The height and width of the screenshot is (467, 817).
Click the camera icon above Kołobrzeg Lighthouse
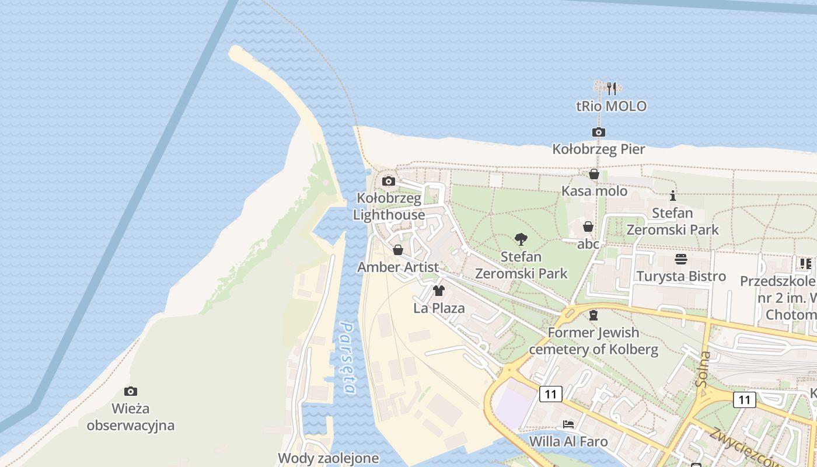(389, 181)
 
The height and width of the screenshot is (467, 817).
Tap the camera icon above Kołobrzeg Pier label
(598, 132)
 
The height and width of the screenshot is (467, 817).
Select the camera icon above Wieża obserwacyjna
(131, 391)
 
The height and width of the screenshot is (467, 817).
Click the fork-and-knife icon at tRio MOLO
(611, 89)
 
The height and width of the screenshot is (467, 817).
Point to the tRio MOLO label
(611, 106)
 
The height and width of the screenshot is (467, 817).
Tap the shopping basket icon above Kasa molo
(594, 174)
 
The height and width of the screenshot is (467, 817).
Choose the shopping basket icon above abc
(588, 226)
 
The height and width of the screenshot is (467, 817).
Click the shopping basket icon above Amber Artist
(398, 250)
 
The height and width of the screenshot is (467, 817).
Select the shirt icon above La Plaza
(439, 291)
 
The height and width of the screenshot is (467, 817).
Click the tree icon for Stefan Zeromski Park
(521, 239)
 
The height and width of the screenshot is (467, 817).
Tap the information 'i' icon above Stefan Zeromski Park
(673, 196)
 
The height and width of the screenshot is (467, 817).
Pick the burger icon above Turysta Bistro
(681, 259)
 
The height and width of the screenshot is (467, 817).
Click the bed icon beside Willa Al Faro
(568, 424)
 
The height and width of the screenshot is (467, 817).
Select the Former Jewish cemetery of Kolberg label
(593, 341)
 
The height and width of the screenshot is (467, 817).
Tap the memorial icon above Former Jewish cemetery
(593, 315)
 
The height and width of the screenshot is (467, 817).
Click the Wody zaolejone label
(329, 458)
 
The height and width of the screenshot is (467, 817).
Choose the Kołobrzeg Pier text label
(599, 149)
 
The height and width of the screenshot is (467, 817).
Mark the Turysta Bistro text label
(681, 276)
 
